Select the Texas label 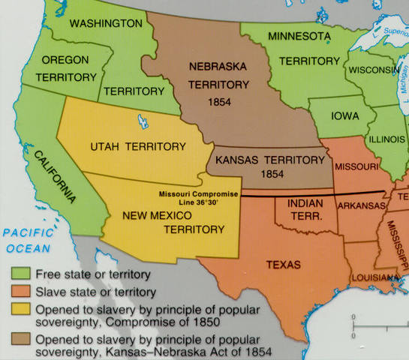(283, 265)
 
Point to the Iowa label (341, 116)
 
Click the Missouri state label (356, 165)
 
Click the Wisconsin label (372, 70)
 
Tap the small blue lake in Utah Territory (143, 118)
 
